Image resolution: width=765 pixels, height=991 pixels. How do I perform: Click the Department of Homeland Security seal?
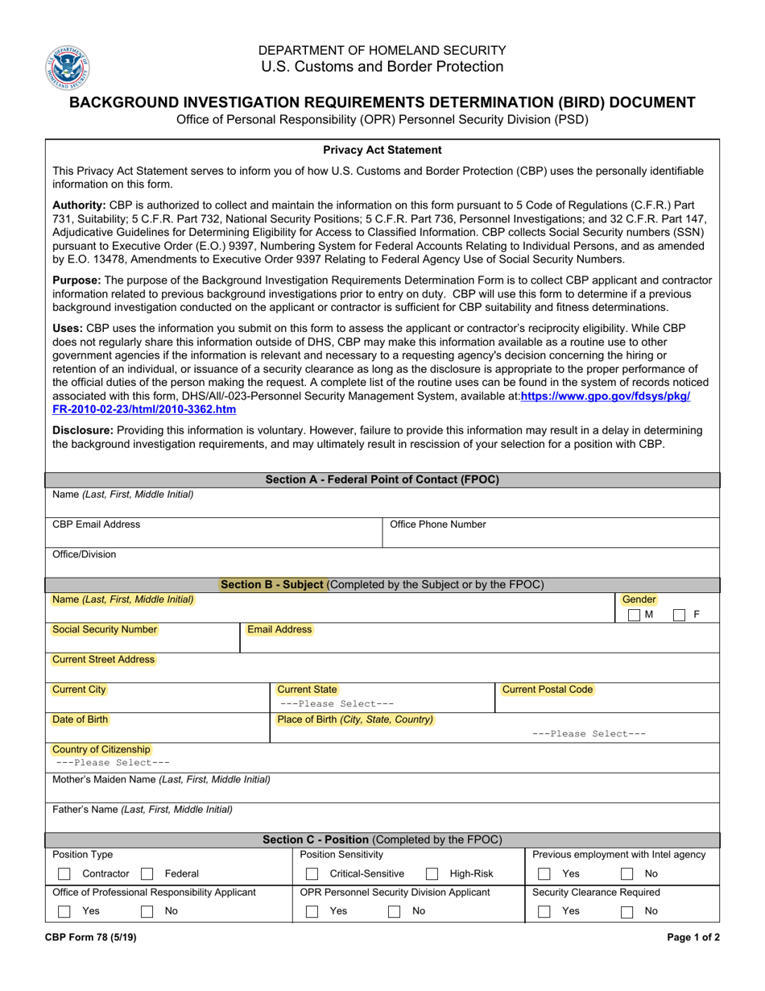[x=68, y=68]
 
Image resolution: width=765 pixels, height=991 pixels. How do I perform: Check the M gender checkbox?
[x=635, y=615]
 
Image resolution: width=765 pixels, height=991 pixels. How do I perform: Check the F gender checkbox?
[x=680, y=615]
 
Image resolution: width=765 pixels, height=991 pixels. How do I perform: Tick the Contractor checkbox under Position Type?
[x=64, y=874]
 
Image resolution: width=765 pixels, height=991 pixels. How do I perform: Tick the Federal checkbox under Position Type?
[x=147, y=874]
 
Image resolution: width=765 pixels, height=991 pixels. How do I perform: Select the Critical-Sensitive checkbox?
[x=312, y=874]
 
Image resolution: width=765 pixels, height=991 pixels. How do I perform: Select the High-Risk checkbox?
[x=432, y=874]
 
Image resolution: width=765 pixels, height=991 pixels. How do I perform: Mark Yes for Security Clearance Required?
[x=544, y=911]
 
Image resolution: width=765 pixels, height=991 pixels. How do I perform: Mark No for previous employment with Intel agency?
[x=626, y=874]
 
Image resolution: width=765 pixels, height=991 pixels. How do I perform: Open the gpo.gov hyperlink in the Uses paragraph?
[x=605, y=396]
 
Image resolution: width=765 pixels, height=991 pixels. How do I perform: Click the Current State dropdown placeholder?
[x=335, y=703]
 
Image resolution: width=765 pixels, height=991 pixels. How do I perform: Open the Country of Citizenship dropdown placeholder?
[x=113, y=762]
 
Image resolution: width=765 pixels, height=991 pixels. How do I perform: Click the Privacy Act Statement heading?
[x=382, y=150]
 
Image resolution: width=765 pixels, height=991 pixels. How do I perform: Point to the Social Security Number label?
[x=105, y=629]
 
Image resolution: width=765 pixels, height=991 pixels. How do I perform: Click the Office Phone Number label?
[x=438, y=525]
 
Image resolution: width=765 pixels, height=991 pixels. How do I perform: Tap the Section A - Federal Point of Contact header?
[x=382, y=479]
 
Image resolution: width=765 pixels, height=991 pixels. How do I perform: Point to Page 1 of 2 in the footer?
[x=693, y=937]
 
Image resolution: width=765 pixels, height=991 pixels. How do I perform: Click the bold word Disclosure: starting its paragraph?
[x=83, y=430]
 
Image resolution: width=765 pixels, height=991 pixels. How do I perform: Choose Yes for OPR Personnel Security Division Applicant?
[x=312, y=911]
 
